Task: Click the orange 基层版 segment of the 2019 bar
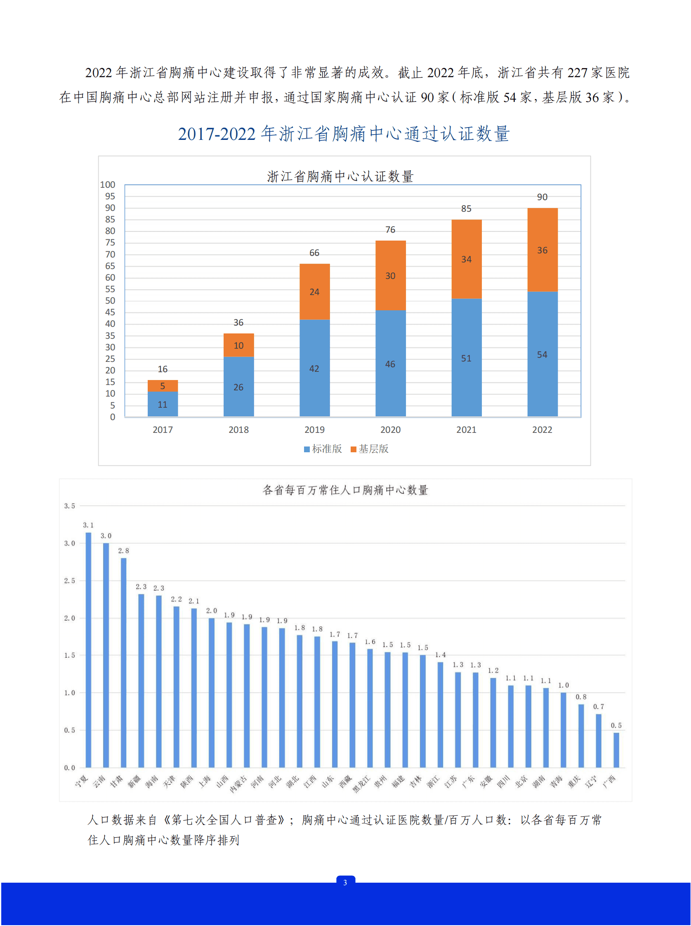(314, 292)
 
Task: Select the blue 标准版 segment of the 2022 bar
(542, 354)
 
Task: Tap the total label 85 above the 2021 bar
(466, 208)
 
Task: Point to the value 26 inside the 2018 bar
(238, 387)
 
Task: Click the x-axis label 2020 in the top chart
(390, 430)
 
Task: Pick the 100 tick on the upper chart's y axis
(108, 184)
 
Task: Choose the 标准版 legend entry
(323, 449)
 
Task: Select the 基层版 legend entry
(370, 449)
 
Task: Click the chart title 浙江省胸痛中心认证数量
(340, 176)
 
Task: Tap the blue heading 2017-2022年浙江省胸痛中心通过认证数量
(344, 134)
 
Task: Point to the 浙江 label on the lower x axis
(433, 781)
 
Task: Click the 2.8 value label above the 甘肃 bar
(123, 550)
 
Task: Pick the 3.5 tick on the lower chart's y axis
(69, 506)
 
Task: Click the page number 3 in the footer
(345, 883)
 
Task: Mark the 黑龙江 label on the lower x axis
(361, 784)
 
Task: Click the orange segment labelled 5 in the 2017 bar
(163, 386)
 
